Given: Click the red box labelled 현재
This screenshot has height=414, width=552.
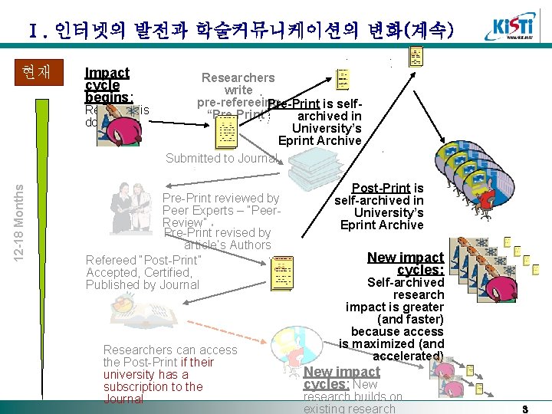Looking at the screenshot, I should point(37,72).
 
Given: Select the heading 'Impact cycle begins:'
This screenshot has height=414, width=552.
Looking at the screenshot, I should point(108,85).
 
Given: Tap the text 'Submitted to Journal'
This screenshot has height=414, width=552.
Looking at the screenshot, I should point(222,158).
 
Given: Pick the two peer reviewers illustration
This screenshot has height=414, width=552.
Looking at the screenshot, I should point(132,207).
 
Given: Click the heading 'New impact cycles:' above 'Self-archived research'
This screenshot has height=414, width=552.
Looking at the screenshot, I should point(406,263).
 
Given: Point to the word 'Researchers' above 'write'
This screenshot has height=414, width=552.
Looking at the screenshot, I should point(238,77).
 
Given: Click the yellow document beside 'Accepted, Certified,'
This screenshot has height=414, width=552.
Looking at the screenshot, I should point(282,274).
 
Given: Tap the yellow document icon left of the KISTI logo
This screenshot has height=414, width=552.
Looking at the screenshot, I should point(416,55).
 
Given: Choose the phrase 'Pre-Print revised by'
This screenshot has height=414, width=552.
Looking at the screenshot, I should point(218,232).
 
